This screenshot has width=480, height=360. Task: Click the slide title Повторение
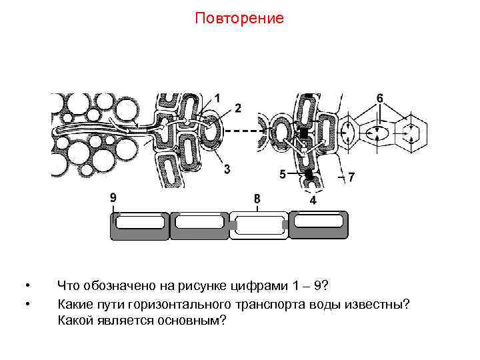tap(239, 18)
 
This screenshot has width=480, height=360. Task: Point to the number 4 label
tap(283, 175)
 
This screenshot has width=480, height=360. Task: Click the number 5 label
tap(379, 98)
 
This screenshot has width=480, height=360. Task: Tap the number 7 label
tap(257, 199)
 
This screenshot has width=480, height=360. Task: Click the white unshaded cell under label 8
tap(258, 225)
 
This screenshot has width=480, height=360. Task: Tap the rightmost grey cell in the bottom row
tap(319, 225)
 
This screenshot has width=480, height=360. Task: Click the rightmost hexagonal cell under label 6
tap(409, 133)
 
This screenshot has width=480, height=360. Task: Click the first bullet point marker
tap(27, 287)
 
